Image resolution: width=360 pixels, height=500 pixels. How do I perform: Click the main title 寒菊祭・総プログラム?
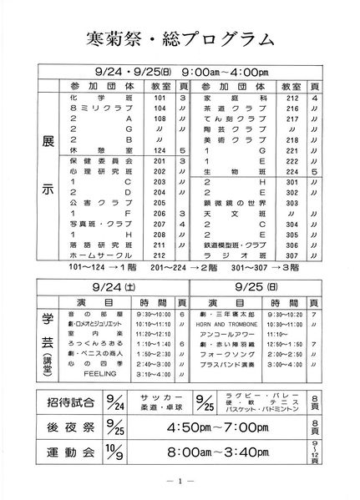tap(180, 38)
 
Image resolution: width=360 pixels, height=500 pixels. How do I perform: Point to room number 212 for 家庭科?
tap(292, 98)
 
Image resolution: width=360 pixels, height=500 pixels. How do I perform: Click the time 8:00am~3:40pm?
tap(214, 455)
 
